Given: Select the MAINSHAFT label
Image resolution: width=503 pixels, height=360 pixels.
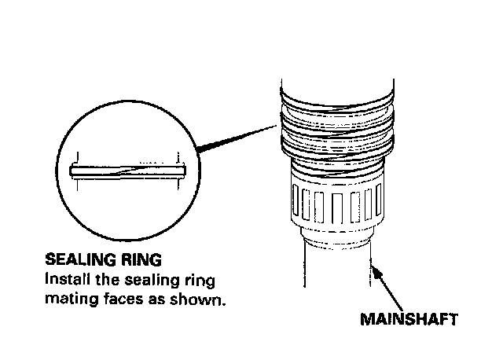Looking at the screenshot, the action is [x=408, y=320].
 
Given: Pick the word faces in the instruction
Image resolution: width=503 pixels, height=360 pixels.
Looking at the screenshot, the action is [x=119, y=299].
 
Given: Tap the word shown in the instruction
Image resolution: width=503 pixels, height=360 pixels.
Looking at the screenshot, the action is [x=206, y=299].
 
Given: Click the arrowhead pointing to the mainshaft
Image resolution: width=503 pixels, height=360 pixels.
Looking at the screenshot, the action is [x=378, y=271].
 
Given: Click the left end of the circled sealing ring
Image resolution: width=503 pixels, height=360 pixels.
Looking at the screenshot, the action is [x=73, y=169].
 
